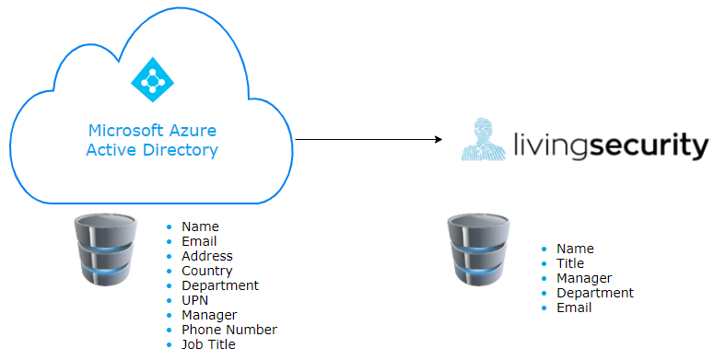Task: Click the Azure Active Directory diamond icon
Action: click(x=152, y=79)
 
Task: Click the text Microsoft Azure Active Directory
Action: click(x=152, y=141)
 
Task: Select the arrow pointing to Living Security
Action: click(x=369, y=140)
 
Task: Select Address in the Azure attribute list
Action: click(x=207, y=256)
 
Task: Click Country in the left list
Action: click(x=207, y=271)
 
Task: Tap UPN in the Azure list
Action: click(x=195, y=300)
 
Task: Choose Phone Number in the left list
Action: click(x=229, y=330)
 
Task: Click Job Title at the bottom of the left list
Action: click(x=208, y=344)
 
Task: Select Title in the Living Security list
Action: click(x=570, y=263)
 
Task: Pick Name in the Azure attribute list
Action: click(x=200, y=226)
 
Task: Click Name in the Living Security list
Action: click(x=575, y=249)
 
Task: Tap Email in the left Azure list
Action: click(x=199, y=241)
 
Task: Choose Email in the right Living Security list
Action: click(x=574, y=308)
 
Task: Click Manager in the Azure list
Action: click(x=209, y=315)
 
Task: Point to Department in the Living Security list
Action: click(x=594, y=293)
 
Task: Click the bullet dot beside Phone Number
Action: click(x=169, y=330)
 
